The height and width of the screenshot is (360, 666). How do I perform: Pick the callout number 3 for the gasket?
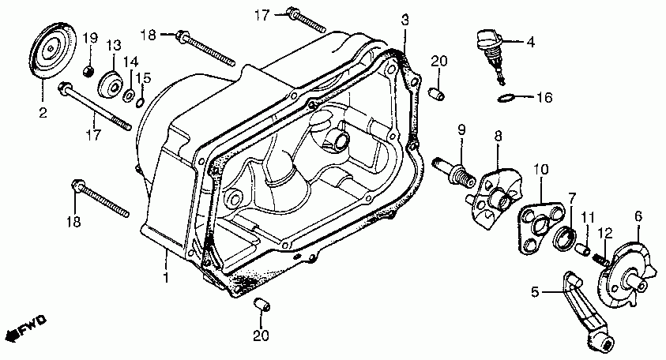coord(404,19)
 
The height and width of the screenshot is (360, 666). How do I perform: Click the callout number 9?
coord(461,129)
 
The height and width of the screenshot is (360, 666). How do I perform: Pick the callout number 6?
coord(638,215)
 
